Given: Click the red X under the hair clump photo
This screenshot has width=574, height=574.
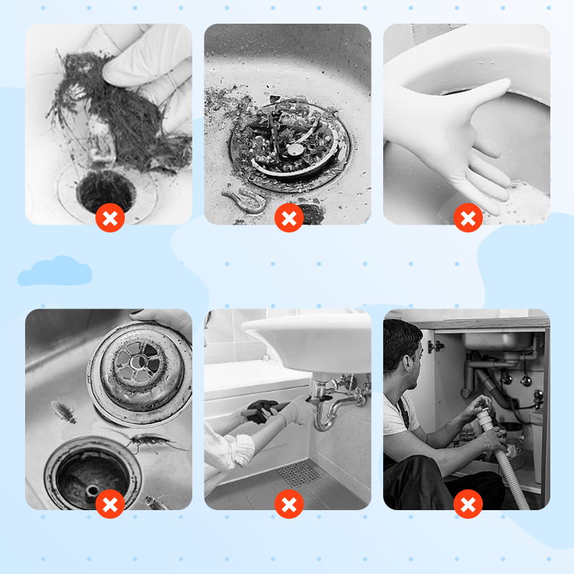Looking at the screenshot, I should [110, 218].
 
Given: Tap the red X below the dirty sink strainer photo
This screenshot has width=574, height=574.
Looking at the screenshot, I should [288, 218].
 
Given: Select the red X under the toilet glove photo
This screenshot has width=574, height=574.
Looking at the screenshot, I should [468, 218].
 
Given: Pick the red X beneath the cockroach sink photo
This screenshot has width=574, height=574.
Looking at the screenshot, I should [110, 504].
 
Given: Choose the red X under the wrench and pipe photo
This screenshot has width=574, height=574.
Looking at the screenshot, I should [288, 504].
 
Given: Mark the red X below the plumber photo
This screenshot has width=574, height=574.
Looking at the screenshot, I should [468, 504].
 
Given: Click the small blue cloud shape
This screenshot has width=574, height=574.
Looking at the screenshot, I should [55, 272].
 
